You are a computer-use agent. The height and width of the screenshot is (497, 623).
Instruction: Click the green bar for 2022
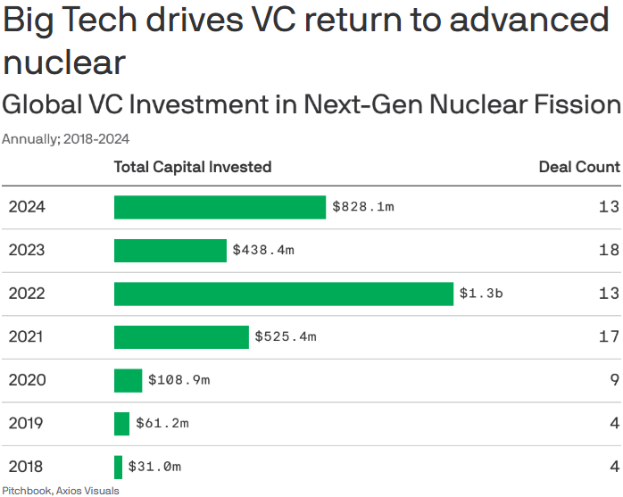coord(284,294)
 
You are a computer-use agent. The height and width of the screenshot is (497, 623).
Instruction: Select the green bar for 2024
coord(220,207)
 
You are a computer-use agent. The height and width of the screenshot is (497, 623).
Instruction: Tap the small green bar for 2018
coord(118,467)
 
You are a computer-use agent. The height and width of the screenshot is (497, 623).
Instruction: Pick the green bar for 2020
coord(128,380)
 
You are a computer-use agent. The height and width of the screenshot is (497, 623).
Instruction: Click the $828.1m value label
coord(363,207)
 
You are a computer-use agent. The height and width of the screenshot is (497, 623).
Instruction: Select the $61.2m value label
coord(162,423)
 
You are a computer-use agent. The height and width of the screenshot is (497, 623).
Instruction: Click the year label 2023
coord(27,251)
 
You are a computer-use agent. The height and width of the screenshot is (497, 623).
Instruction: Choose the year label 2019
coord(27,423)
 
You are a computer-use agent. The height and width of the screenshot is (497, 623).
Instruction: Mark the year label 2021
coord(27,337)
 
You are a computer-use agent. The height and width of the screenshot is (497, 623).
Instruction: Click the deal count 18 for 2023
coord(609,251)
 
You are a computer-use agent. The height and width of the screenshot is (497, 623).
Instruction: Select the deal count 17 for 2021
coord(609,337)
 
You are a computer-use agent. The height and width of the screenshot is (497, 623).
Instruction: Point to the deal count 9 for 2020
coord(614,380)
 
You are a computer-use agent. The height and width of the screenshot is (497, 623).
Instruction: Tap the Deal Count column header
coord(578,167)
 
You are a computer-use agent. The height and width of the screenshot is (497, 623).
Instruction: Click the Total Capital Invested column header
coord(193,167)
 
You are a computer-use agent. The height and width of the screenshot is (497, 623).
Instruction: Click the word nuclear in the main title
coord(64,62)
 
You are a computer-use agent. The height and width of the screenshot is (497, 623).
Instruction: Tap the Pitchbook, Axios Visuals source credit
coord(60,490)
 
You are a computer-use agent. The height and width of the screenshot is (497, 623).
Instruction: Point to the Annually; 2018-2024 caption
coord(66,139)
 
